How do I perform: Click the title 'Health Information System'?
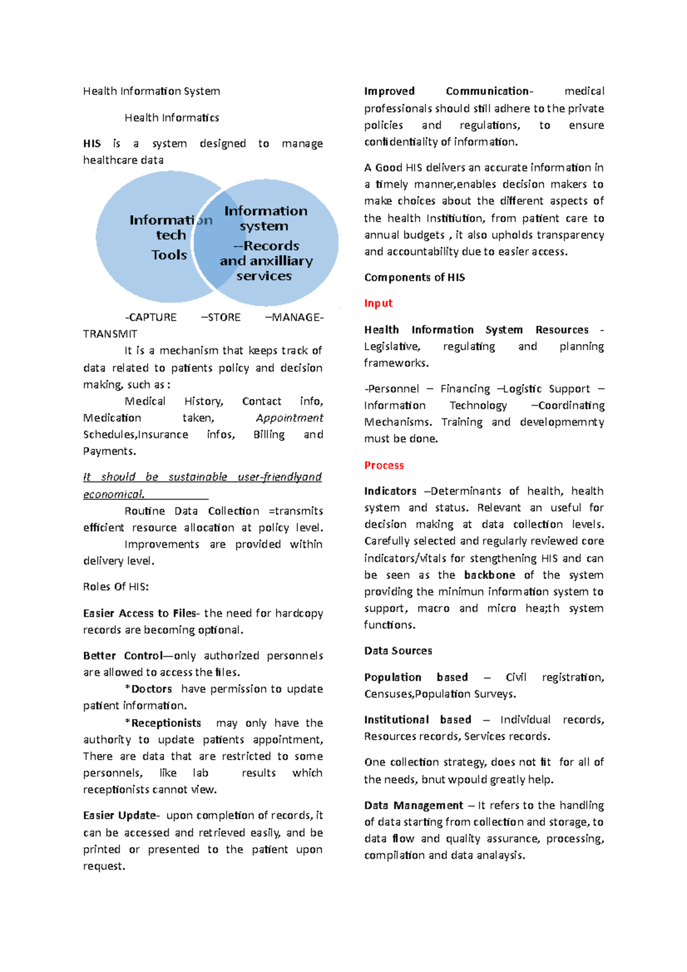pyautogui.click(x=151, y=91)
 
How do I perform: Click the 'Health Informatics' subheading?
pyautogui.click(x=172, y=118)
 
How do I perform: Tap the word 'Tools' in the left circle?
pyautogui.click(x=169, y=255)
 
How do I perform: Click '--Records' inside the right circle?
pyautogui.click(x=266, y=246)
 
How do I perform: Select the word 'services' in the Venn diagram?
pyautogui.click(x=264, y=276)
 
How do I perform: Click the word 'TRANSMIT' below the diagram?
pyautogui.click(x=110, y=334)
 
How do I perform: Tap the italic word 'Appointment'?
pyautogui.click(x=289, y=418)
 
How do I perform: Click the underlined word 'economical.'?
pyautogui.click(x=113, y=494)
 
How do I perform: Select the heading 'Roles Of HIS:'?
pyautogui.click(x=116, y=587)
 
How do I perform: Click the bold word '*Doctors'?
pyautogui.click(x=148, y=689)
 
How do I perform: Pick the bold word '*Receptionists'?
pyautogui.click(x=163, y=723)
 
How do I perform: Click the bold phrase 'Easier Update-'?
pyautogui.click(x=121, y=815)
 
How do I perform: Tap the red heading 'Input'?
pyautogui.click(x=378, y=303)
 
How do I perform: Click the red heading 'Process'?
pyautogui.click(x=384, y=465)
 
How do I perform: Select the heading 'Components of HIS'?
pyautogui.click(x=414, y=278)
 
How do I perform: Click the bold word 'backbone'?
pyautogui.click(x=489, y=575)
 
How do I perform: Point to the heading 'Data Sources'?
pyautogui.click(x=398, y=651)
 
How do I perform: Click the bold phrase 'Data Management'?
pyautogui.click(x=413, y=805)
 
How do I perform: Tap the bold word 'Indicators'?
pyautogui.click(x=390, y=491)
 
